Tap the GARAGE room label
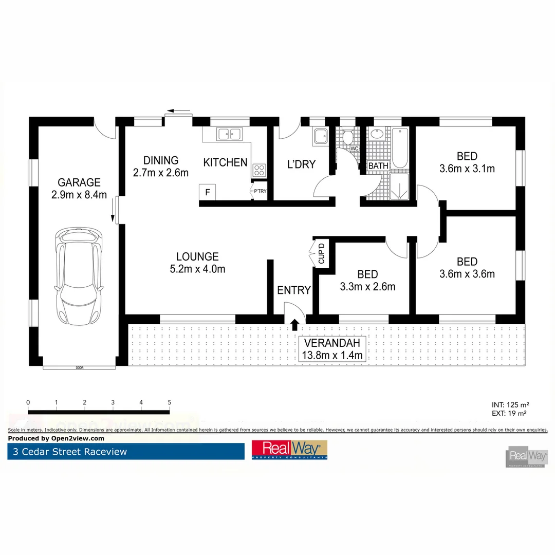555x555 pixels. [79, 182]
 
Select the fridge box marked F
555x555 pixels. [208, 193]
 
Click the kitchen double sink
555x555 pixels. [229, 134]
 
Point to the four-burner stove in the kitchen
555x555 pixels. [259, 171]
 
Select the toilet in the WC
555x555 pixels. [347, 137]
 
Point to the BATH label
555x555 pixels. [378, 166]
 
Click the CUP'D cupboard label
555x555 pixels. [322, 253]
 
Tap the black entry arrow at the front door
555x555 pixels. [295, 324]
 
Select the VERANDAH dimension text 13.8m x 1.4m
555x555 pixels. [333, 355]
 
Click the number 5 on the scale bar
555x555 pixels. [169, 402]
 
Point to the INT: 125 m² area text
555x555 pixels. [510, 404]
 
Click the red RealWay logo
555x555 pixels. [289, 450]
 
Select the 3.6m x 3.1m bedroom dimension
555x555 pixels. [467, 168]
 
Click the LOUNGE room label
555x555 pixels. [197, 256]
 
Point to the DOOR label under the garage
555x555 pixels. [79, 368]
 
